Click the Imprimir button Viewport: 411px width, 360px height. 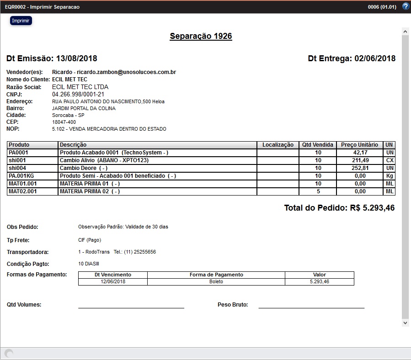point(21,21)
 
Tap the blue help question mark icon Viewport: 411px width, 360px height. point(406,6)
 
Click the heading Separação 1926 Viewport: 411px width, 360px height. point(201,36)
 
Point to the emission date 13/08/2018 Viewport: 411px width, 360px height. point(76,58)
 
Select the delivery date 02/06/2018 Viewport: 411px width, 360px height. point(375,58)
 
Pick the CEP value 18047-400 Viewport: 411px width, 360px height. point(65,122)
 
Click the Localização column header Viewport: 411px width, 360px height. point(278,145)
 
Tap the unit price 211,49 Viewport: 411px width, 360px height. point(360,160)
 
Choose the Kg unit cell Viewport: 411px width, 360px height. point(390,176)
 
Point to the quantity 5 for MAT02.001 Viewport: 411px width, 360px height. point(318,191)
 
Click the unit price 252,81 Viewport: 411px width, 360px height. point(360,168)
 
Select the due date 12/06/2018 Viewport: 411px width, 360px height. point(113,282)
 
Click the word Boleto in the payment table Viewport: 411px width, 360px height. point(216,282)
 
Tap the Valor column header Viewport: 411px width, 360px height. point(319,275)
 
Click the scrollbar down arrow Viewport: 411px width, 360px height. point(405,323)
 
